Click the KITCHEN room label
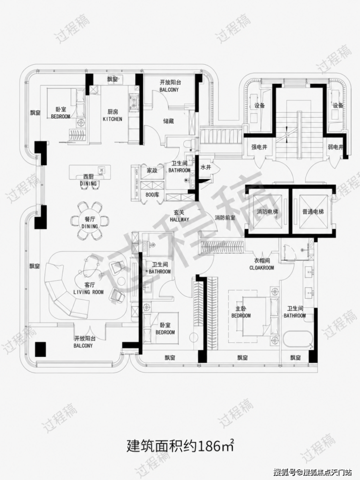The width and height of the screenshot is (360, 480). tap(112, 119)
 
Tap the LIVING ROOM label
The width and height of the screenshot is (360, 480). tap(89, 292)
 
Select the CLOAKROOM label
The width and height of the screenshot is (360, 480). tap(261, 267)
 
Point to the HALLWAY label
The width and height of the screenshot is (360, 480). tap(180, 219)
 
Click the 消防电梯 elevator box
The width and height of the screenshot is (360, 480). tap(268, 212)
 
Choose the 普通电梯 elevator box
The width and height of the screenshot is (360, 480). tap(313, 212)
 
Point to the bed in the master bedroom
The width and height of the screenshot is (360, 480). tap(257, 315)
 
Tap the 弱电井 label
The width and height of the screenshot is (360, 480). tap(335, 147)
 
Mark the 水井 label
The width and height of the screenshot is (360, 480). tap(206, 167)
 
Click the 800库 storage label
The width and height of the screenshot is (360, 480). tap(152, 194)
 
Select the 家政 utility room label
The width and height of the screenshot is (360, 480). tap(152, 170)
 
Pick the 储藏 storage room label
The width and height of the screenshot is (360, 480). tap(168, 121)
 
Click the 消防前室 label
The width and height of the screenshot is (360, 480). tap(225, 218)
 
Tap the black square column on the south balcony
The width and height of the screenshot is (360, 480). tap(40, 349)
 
